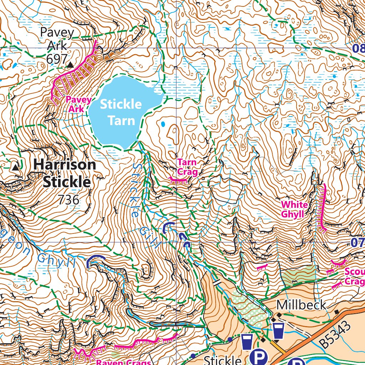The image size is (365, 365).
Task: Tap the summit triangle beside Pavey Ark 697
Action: [70, 65]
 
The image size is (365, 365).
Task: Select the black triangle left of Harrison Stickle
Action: [15, 166]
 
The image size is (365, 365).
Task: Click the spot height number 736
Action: [68, 200]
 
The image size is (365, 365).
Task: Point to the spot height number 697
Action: [57, 59]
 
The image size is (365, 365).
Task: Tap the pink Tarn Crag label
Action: [187, 168]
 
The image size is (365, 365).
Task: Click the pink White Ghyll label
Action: [294, 209]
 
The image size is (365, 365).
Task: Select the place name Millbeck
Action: [301, 305]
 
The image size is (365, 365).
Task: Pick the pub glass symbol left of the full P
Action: [246, 341]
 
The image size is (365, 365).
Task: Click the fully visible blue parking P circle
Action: [261, 356]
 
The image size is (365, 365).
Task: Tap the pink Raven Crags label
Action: [124, 363]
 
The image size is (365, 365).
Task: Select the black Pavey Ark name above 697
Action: [57, 38]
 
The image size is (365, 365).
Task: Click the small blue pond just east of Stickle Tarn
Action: [163, 124]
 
